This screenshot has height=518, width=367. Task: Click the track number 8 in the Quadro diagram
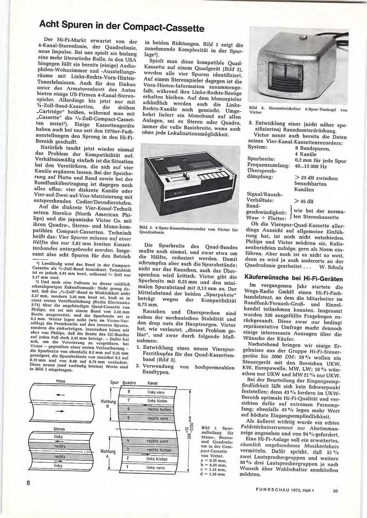[x=128, y=391]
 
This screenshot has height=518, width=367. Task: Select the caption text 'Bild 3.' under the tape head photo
[x=255, y=108]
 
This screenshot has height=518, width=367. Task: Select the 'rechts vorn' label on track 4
[x=157, y=441]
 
